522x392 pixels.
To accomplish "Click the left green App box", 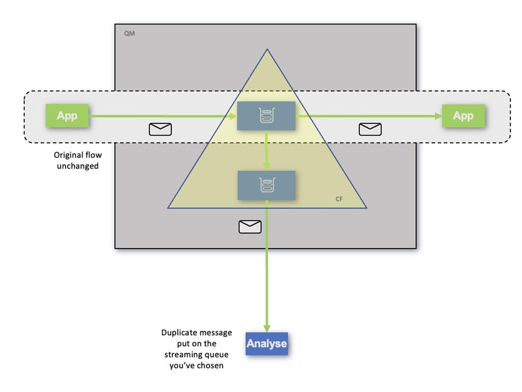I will click(67, 115).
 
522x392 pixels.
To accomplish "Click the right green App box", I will click(463, 115).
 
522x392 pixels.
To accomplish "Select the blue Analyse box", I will click(267, 343).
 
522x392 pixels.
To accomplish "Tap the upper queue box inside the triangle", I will click(266, 115).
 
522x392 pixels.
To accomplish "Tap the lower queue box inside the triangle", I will click(266, 185).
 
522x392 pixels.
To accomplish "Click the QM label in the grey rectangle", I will click(129, 34).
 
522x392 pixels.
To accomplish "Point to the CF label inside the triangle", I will click(339, 199).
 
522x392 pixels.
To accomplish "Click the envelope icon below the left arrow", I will click(160, 129).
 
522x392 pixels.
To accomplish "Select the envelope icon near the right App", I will click(370, 129).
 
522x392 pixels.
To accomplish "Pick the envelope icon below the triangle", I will click(250, 226).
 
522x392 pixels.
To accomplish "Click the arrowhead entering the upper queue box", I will click(233, 116).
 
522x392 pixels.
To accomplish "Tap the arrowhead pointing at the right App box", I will click(438, 116).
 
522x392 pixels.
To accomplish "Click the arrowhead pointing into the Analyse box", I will click(267, 328).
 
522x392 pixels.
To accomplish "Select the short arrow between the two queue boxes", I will click(267, 150).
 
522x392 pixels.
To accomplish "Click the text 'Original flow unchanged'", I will click(77, 160).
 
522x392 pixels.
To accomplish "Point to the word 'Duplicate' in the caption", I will click(179, 333).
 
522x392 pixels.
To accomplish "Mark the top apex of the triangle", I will click(267, 50).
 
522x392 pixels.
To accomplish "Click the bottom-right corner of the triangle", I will click(366, 208).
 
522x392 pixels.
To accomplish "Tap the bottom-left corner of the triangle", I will click(168, 208).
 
